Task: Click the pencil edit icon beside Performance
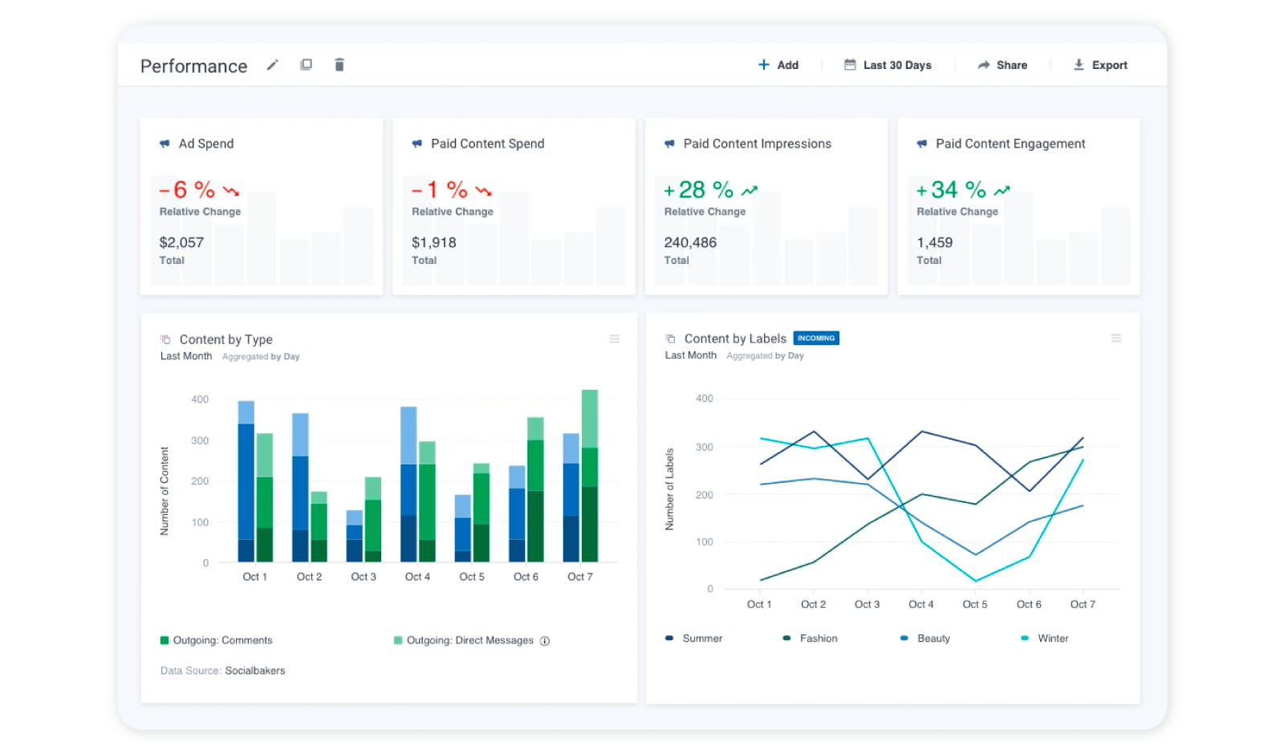[273, 65]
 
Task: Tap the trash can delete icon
[339, 65]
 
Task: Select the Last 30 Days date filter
[888, 65]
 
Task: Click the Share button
[1002, 65]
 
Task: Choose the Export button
[1100, 65]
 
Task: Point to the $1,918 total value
[433, 242]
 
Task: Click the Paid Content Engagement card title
[1010, 144]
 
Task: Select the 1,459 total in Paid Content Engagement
[934, 242]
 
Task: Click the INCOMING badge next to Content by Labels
[816, 338]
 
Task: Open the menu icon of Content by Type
[614, 339]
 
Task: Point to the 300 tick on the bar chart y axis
[200, 440]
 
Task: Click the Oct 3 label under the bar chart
[363, 577]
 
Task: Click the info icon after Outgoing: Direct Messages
[545, 641]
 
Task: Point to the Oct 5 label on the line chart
[974, 604]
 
